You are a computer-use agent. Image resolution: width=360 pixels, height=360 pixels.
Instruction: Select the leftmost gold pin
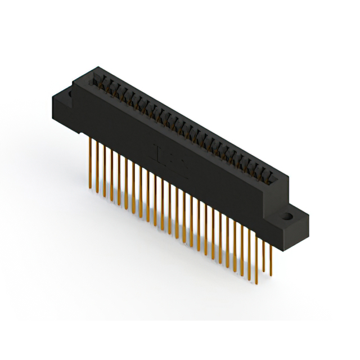tap(89, 163)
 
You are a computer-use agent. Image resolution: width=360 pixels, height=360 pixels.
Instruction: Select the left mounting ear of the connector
tap(62, 107)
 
